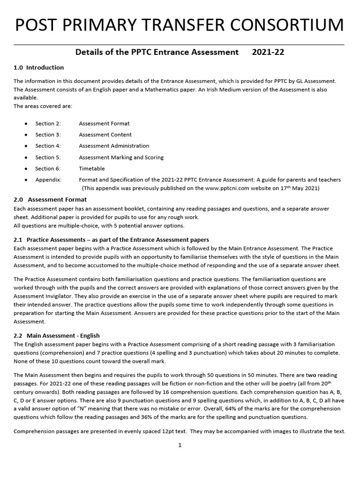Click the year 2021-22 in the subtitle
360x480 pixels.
[268, 52]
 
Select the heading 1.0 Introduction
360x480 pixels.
[39, 67]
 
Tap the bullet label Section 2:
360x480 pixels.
[48, 124]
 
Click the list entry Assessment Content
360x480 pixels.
[105, 135]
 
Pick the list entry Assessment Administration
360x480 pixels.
[114, 146]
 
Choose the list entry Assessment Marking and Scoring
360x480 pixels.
[121, 157]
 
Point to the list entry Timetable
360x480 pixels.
[92, 169]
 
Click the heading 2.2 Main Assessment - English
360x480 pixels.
[57, 336]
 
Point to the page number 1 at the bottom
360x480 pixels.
[180, 445]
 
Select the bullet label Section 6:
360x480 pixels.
[48, 169]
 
